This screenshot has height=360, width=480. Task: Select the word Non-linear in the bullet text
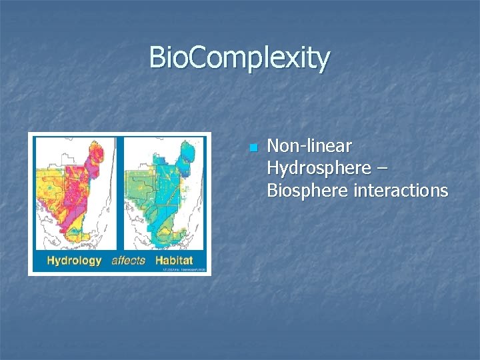[309, 146]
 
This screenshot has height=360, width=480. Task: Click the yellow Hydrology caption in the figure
[74, 261]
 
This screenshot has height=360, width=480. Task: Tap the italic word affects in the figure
[128, 261]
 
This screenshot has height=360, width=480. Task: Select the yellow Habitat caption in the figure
[175, 261]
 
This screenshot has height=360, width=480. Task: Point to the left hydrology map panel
[74, 193]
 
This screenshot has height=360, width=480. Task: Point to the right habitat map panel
[163, 193]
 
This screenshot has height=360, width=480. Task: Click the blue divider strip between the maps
[119, 193]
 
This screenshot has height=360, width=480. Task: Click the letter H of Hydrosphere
[273, 169]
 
